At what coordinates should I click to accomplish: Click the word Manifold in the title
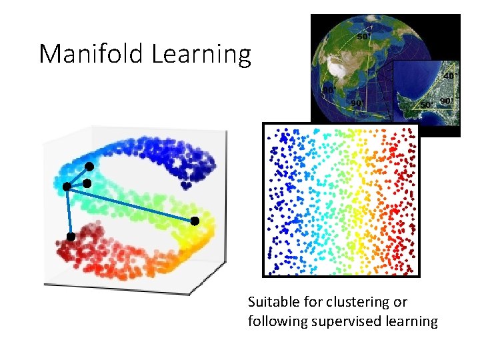91,54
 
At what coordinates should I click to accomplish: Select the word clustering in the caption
360,302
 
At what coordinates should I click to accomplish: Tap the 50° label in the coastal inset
425,105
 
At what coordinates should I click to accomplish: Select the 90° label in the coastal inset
445,102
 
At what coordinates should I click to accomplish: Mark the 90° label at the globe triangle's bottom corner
357,103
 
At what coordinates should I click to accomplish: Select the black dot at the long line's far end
195,221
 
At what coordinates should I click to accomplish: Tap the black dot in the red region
70,237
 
